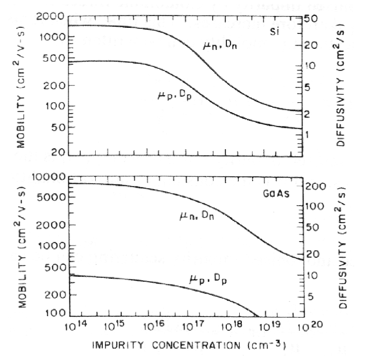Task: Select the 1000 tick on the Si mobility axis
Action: [51, 37]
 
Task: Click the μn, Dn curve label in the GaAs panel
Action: [197, 217]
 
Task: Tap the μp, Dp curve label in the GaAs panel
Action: [207, 280]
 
